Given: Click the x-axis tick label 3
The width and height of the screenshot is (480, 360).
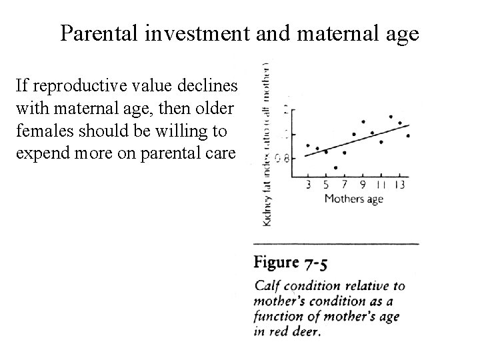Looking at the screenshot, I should [x=309, y=185].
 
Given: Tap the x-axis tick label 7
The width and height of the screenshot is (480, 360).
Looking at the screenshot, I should [x=344, y=185].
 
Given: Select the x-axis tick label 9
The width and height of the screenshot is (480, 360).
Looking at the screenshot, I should [x=362, y=185].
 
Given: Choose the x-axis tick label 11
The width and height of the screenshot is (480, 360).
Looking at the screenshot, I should [x=381, y=185].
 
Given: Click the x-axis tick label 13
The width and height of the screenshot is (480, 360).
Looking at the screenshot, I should [x=401, y=185].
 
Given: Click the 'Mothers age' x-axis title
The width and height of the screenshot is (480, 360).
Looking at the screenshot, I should [x=353, y=198].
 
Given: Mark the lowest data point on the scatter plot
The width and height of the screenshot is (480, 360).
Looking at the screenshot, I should [x=335, y=167].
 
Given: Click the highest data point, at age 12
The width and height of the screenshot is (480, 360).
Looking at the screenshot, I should [x=391, y=117].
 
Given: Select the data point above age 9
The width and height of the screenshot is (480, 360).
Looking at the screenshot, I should [x=363, y=122].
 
